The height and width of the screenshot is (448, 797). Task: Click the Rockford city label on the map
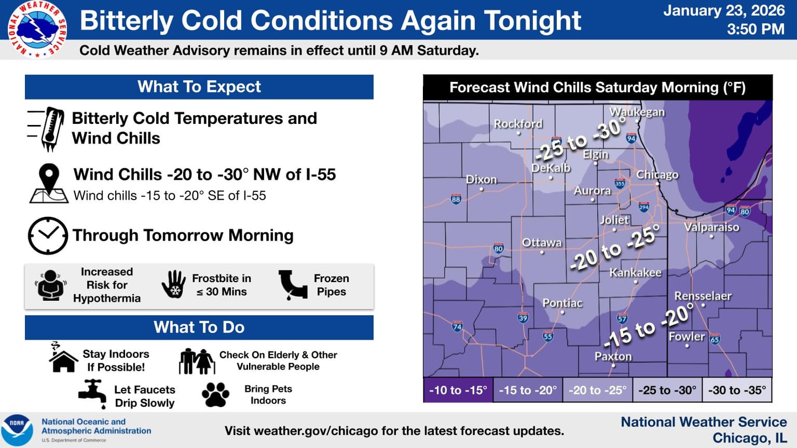[x=518, y=124]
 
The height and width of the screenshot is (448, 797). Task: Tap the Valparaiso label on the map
[x=711, y=227]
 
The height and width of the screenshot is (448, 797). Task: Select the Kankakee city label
[x=635, y=273]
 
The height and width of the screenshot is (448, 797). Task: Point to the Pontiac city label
[x=562, y=303]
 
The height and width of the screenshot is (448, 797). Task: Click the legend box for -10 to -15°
[x=458, y=390]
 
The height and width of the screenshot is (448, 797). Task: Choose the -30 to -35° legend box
[x=737, y=390]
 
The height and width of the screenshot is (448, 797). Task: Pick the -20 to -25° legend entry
[x=597, y=390]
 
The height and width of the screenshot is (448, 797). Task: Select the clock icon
[x=48, y=235]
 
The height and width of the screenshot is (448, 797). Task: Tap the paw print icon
[x=215, y=395]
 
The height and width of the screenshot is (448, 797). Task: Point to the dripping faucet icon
[x=92, y=394]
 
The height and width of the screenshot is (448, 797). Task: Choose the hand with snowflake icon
[x=173, y=285]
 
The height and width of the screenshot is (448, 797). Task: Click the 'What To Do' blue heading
[x=199, y=327]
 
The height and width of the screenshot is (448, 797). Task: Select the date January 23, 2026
[x=723, y=11]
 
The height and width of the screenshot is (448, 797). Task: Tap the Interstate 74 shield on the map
[x=457, y=326]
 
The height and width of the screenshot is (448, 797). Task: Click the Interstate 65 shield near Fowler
[x=715, y=339]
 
